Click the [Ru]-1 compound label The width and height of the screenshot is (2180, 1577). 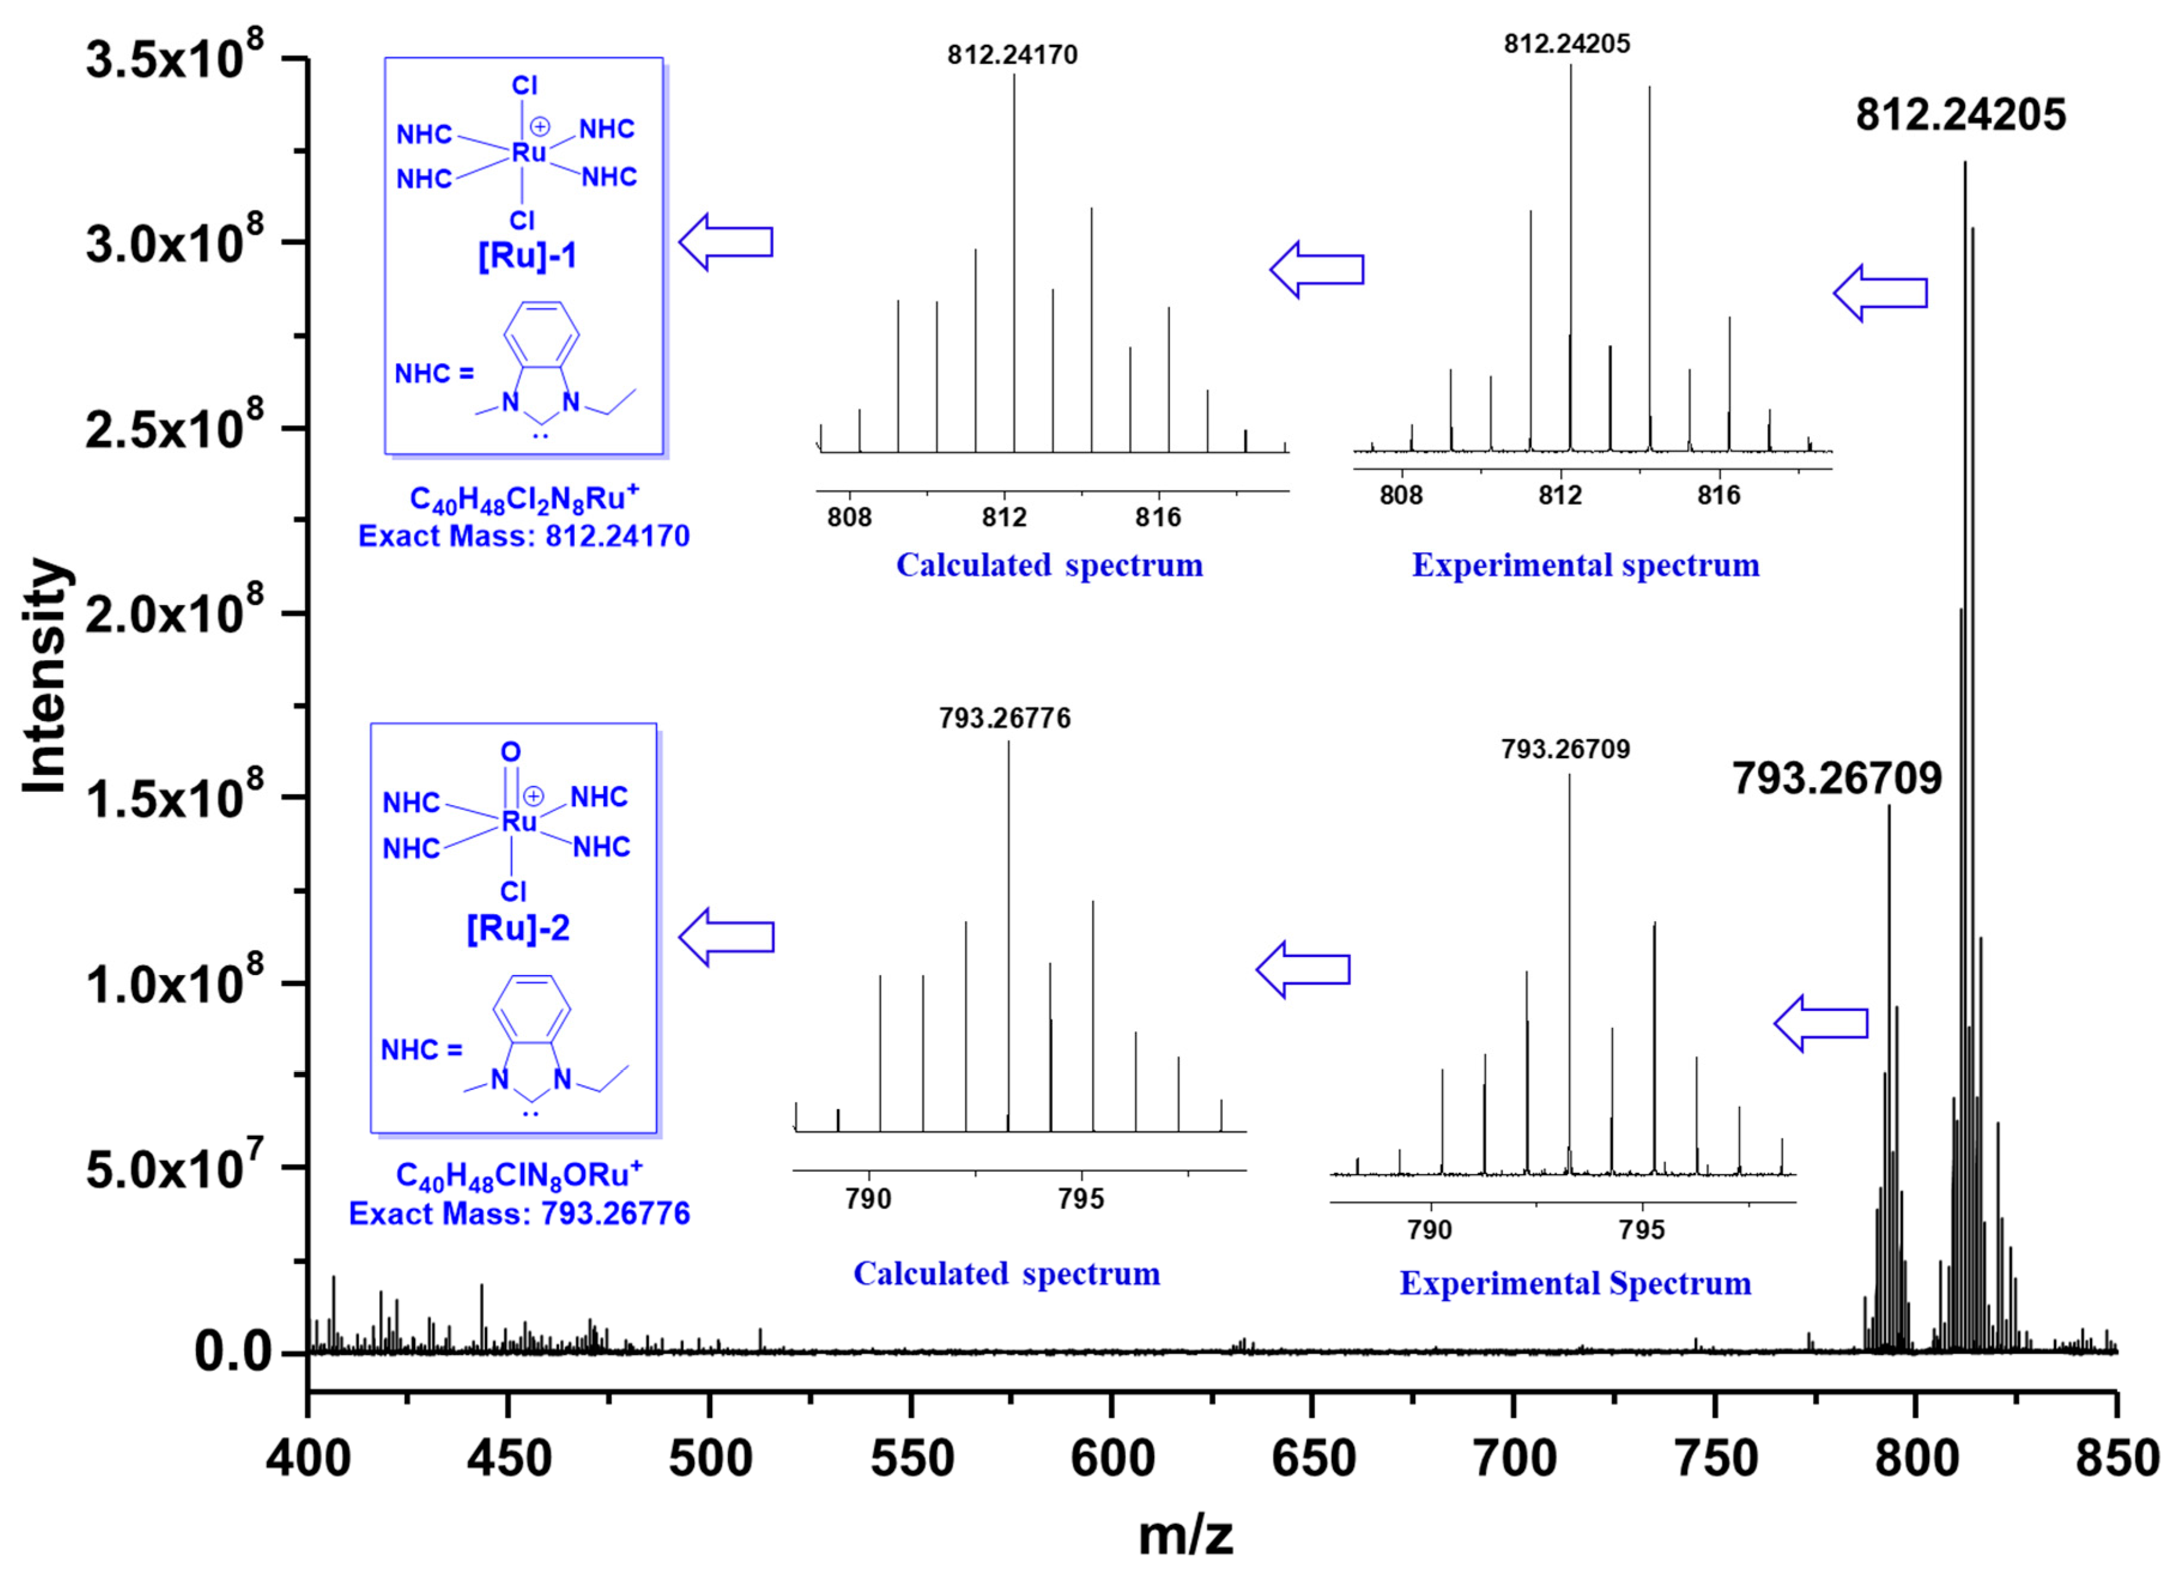(x=528, y=256)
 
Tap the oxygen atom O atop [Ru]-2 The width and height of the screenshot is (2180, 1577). (x=510, y=752)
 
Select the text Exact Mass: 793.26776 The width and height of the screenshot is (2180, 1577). (x=519, y=1213)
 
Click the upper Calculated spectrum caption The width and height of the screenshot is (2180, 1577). (x=1050, y=565)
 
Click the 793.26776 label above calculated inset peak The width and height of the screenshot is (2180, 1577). (x=1004, y=719)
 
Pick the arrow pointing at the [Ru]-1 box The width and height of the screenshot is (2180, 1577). (x=726, y=242)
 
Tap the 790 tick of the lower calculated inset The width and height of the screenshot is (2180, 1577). (x=869, y=1199)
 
